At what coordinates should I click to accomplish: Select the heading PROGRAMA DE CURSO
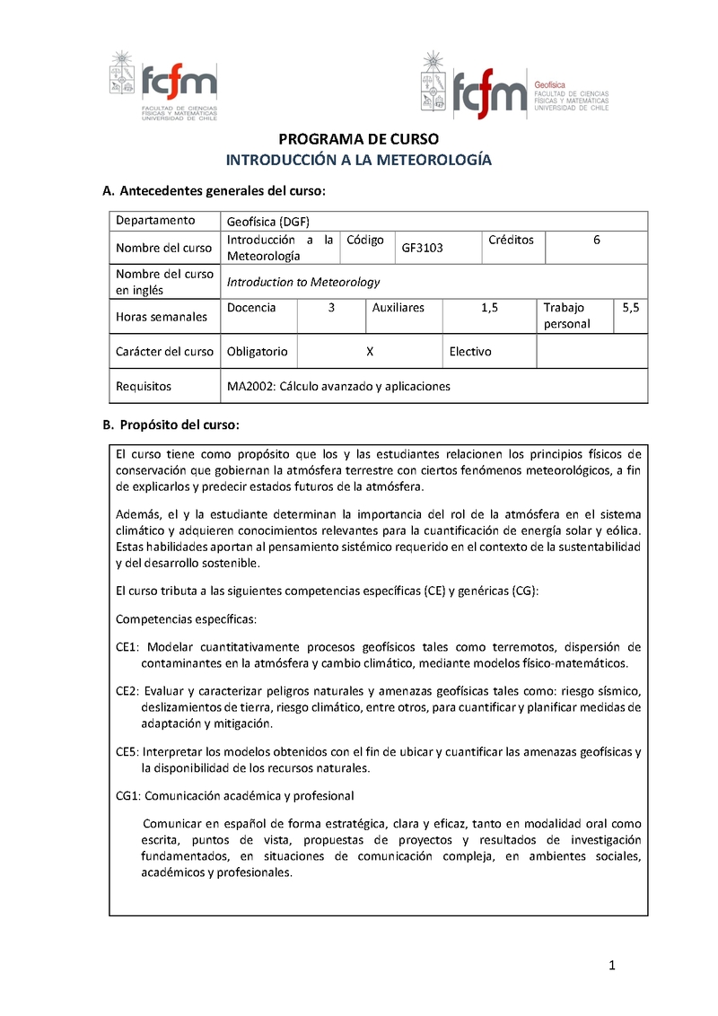coord(358,140)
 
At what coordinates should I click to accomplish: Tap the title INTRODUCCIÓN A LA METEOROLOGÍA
coord(358,160)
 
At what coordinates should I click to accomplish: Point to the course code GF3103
coord(422,248)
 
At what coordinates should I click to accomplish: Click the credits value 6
coord(597,240)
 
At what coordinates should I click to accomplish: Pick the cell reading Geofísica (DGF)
coord(268,222)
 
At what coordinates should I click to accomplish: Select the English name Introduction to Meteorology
coord(303,282)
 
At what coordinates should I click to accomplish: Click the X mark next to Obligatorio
coord(370,352)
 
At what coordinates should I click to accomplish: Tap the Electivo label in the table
coord(470,352)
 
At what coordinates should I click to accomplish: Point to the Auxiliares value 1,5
coord(489,308)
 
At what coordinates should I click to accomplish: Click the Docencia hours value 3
coord(331,308)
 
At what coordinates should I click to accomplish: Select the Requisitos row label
coord(144,387)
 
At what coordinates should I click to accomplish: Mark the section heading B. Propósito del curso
coord(171,424)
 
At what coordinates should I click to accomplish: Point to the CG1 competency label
coord(128,795)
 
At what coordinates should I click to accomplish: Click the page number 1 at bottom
coord(611,966)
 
